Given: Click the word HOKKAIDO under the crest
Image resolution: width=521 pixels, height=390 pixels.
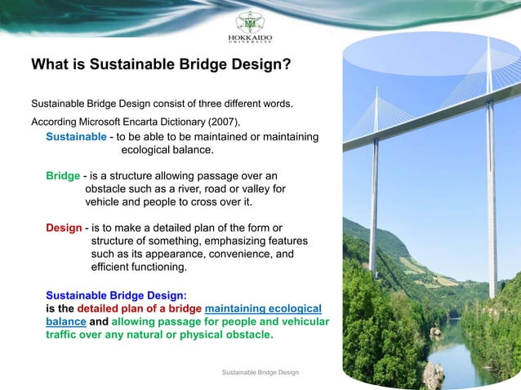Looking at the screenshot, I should [x=250, y=38].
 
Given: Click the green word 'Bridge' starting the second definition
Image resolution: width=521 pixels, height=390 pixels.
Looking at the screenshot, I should [x=62, y=175].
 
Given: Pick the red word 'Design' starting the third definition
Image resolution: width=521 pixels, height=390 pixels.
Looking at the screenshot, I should [x=64, y=228].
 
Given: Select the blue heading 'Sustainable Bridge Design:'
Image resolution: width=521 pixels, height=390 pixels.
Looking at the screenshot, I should [x=116, y=295].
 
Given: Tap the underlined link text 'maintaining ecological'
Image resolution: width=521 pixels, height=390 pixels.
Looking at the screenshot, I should [x=263, y=308].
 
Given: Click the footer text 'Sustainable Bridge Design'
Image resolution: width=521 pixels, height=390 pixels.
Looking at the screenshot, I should [x=260, y=372].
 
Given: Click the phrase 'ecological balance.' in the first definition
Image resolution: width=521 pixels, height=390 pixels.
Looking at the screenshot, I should [x=167, y=150].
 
